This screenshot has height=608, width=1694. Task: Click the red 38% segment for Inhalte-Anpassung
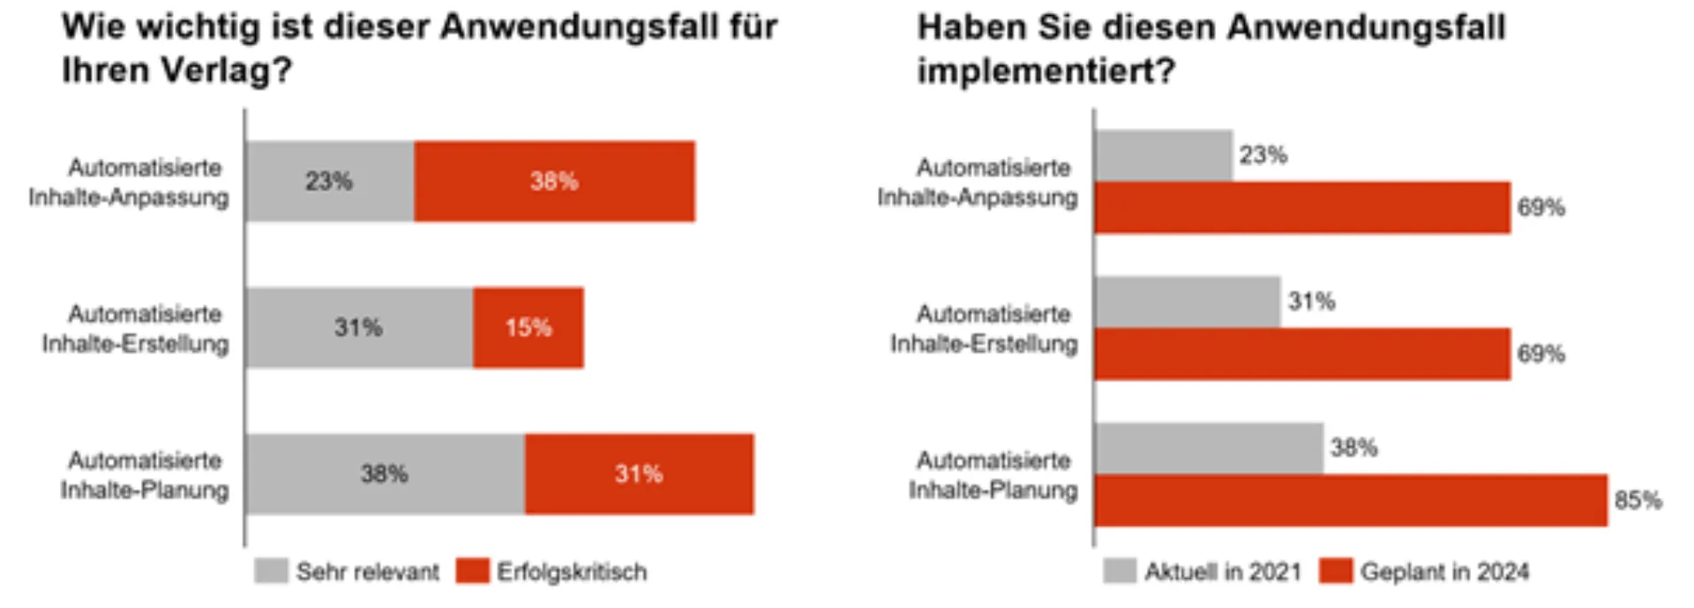pos(554,181)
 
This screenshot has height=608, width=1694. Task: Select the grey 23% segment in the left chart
pos(329,181)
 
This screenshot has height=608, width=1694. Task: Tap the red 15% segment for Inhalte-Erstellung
pos(528,327)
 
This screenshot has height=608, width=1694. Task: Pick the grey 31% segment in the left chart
pos(358,327)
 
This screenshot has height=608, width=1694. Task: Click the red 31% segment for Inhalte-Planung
pos(639,474)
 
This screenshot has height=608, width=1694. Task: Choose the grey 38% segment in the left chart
pos(385,474)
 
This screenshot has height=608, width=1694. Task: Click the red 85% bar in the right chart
pos(1350,500)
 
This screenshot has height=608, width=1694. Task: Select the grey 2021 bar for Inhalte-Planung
pos(1209,448)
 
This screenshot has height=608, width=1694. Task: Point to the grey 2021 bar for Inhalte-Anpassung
pos(1163,155)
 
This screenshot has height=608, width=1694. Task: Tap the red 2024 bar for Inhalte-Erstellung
pos(1302,354)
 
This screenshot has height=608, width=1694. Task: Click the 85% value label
pos(1638,500)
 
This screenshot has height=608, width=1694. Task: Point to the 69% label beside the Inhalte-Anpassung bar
pos(1540,207)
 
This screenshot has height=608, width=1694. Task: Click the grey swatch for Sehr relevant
pos(271,571)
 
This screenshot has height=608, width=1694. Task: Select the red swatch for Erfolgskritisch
pos(472,571)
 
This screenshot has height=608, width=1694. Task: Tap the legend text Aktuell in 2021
pos(1223,572)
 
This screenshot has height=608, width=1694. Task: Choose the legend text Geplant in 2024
pos(1444,572)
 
